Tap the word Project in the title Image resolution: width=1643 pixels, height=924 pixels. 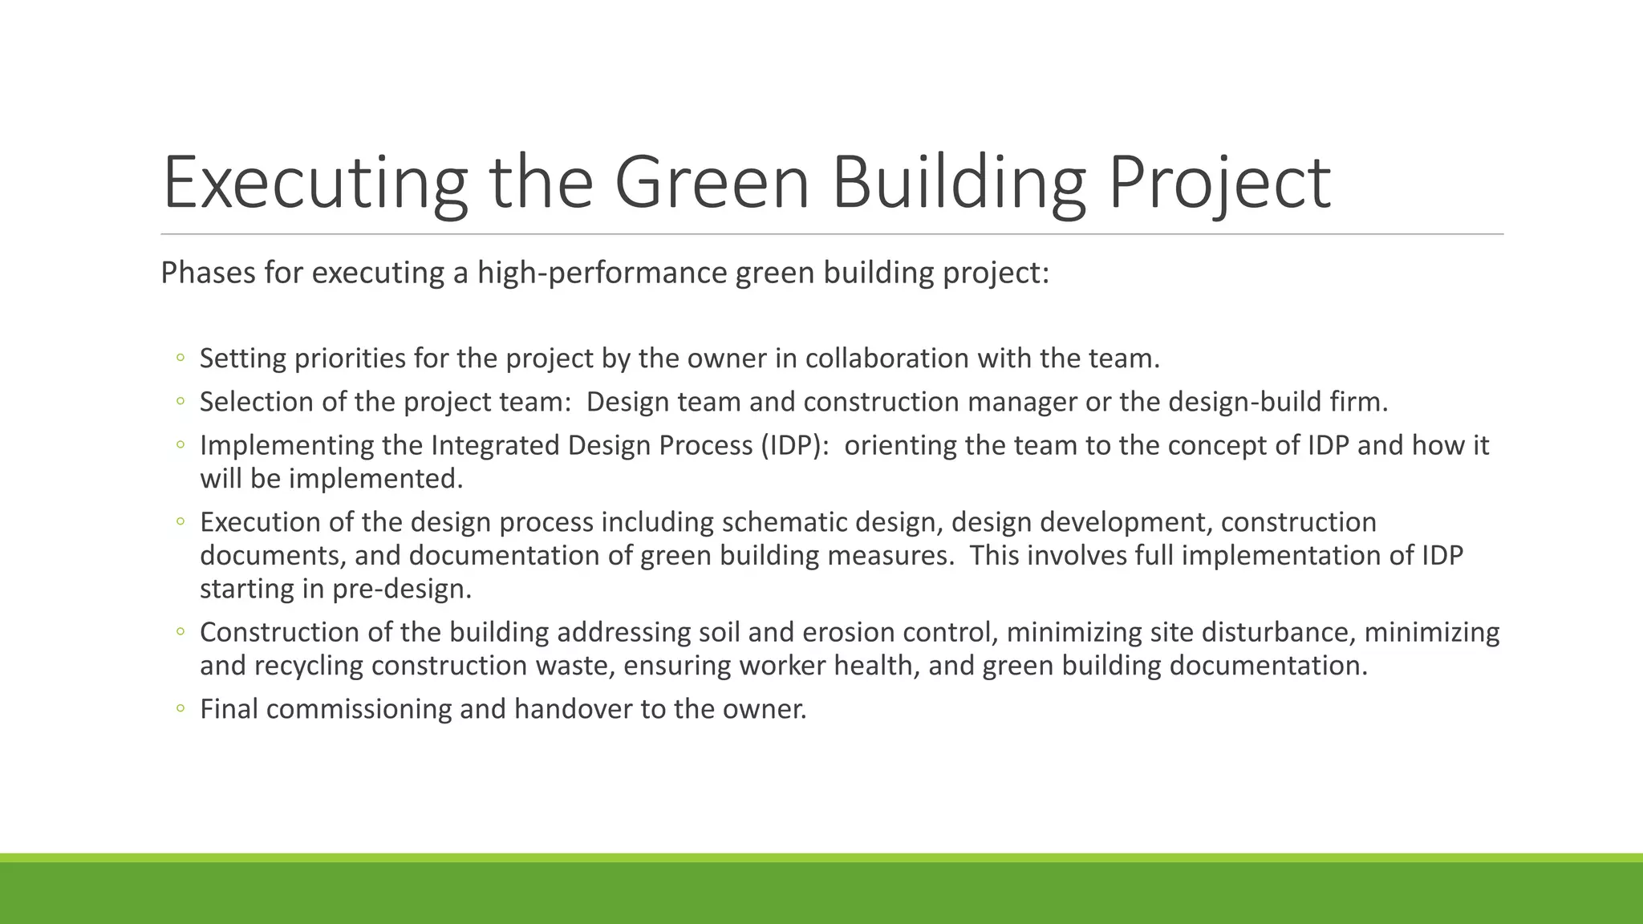coord(1219,183)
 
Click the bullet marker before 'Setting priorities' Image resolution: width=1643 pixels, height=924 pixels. coord(181,358)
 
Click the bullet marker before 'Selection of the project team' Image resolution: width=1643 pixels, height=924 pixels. coord(181,401)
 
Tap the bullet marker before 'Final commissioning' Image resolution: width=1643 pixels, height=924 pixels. coord(181,709)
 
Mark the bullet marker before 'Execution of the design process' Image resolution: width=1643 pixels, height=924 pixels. coord(181,522)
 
